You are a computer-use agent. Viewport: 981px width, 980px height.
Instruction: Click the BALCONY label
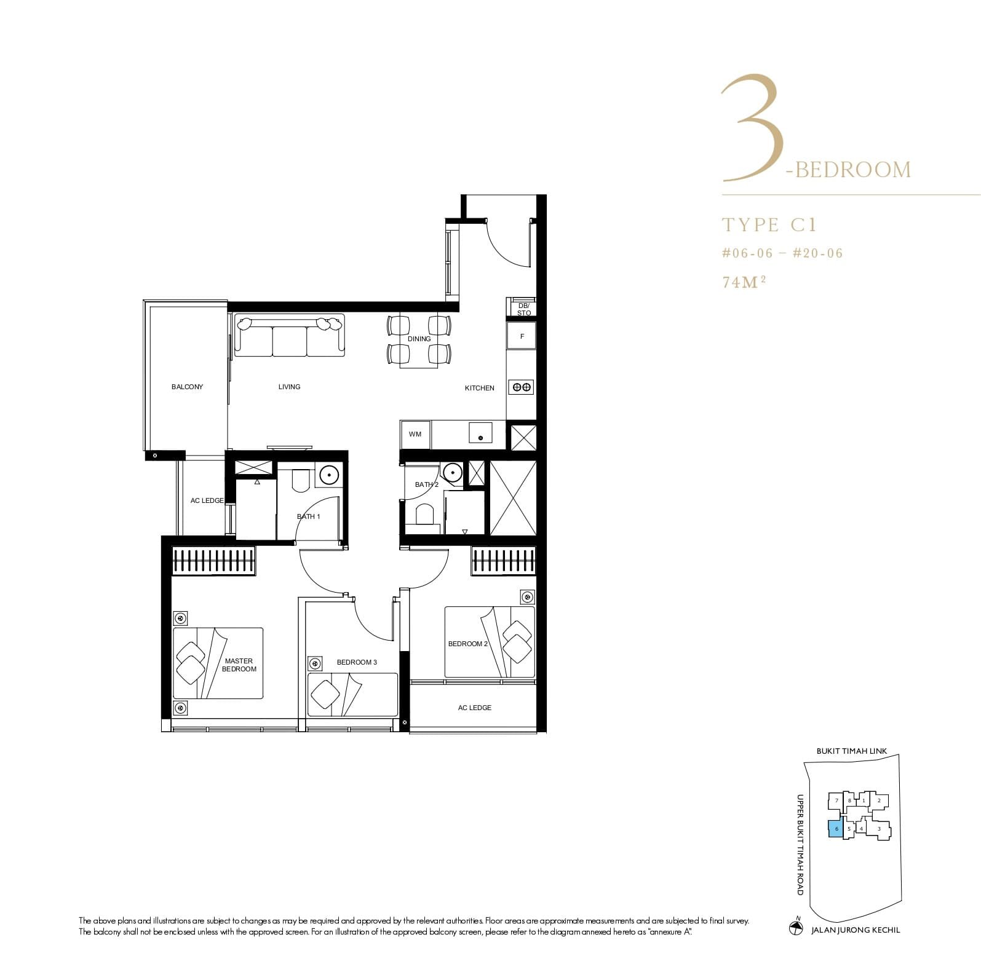187,387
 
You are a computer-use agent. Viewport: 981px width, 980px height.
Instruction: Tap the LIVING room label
289,387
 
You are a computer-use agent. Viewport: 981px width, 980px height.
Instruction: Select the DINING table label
419,339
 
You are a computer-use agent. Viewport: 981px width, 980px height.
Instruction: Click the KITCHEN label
479,388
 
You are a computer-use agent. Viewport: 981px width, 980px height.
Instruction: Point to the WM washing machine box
415,435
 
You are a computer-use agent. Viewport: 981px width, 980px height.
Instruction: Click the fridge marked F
522,336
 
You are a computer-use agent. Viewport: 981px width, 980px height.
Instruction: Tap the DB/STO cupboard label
523,309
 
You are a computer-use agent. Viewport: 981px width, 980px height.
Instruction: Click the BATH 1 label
309,516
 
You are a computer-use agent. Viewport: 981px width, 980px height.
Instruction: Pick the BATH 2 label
427,484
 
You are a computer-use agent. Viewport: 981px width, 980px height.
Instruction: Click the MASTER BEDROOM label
239,665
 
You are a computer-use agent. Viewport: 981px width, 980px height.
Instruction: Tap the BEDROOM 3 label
357,662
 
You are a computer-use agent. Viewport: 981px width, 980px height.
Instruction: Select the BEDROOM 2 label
467,644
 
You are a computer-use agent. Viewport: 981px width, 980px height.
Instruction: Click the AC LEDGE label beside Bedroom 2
474,708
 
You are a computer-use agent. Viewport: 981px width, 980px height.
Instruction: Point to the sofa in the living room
289,336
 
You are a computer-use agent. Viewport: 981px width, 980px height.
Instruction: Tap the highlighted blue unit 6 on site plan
836,829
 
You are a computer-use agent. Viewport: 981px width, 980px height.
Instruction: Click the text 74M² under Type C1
744,282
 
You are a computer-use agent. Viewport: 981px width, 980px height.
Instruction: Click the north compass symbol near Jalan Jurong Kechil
796,928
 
